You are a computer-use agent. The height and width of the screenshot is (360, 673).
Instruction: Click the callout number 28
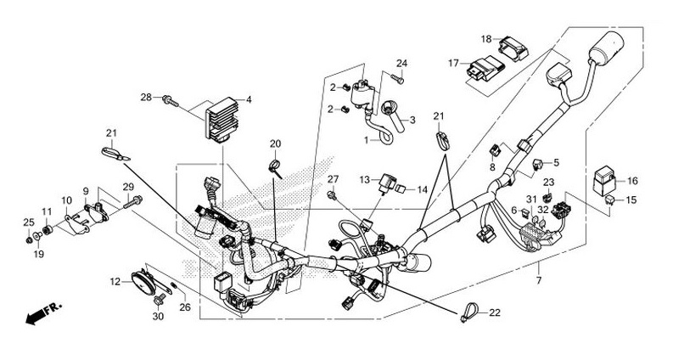pos(146,98)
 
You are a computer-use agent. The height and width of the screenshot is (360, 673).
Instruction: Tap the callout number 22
pos(494,313)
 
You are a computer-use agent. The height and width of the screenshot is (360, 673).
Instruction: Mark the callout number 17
pos(454,62)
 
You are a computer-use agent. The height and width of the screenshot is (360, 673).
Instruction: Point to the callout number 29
pos(128,187)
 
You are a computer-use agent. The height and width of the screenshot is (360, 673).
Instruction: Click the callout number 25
pos(28,222)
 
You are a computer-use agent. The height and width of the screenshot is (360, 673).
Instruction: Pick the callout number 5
pos(556,162)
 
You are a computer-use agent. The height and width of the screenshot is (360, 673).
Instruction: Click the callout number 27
pos(334,178)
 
